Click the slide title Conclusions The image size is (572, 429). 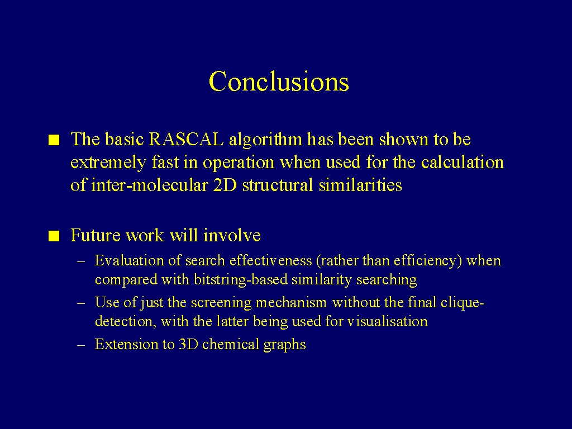pos(279,81)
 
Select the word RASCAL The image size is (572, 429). pos(187,139)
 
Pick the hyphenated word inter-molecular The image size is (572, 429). pos(150,185)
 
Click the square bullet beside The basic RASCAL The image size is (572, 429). pos(54,140)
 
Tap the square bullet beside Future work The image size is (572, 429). pos(54,236)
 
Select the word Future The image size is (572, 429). pos(96,235)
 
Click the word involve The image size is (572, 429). pos(232,235)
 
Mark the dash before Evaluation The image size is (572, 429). pos(81,261)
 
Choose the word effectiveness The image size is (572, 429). pos(271,260)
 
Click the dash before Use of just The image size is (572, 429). pos(81,303)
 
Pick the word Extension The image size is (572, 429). pos(121,344)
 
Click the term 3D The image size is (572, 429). pos(188,344)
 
